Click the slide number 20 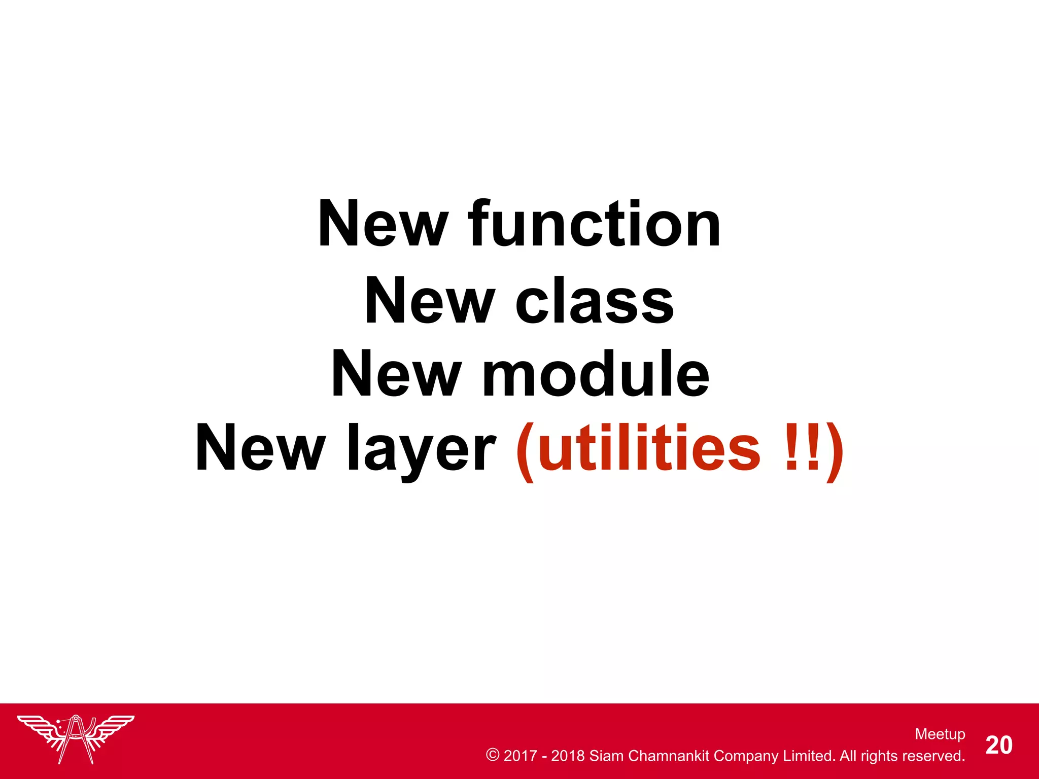click(x=999, y=745)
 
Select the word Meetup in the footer click(x=940, y=734)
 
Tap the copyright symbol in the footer click(x=492, y=755)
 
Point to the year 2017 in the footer click(x=520, y=756)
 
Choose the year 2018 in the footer click(x=568, y=756)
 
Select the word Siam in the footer click(x=606, y=756)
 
